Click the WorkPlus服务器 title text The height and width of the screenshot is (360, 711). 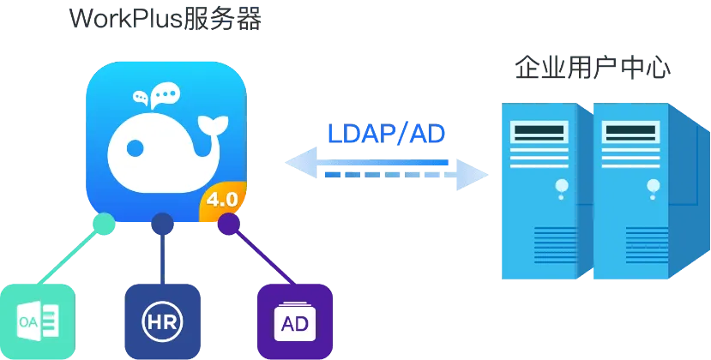pos(166,19)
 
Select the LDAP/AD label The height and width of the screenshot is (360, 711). pos(386,134)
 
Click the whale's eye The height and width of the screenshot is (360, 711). pos(135,147)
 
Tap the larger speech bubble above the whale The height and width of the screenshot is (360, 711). pos(165,95)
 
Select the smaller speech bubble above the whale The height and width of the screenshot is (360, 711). pos(141,97)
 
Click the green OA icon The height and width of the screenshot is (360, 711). pos(37,321)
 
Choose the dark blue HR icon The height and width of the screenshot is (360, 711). pos(162,321)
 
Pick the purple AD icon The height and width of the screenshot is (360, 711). pos(295,321)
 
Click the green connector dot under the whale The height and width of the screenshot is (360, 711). pos(104,224)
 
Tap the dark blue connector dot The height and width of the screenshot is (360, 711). pos(162,224)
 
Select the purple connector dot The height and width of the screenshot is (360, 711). pos(228,224)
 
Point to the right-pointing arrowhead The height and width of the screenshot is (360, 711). pos(472,175)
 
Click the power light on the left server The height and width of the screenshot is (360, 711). pos(562,185)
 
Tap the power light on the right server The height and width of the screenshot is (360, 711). pos(654,185)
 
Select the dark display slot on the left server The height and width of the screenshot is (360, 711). pos(539,130)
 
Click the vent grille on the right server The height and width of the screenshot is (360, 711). pos(647,245)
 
